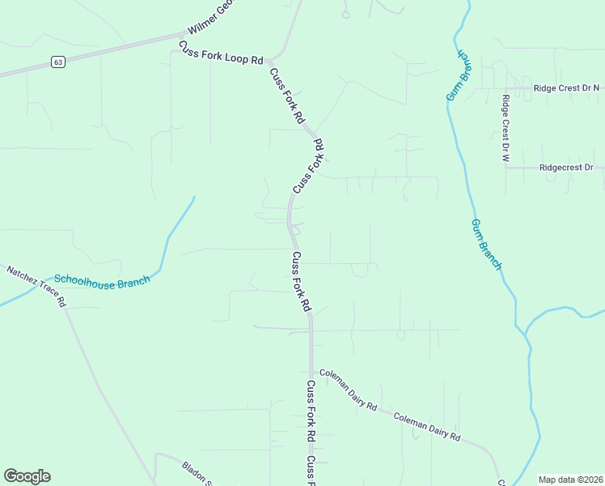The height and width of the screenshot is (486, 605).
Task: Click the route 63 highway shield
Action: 57,62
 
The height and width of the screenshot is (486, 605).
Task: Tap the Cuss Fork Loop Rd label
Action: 221,53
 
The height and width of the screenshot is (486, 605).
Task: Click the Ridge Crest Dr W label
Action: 505,127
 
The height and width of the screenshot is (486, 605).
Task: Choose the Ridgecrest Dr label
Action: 566,168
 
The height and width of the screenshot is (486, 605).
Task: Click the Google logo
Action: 27,476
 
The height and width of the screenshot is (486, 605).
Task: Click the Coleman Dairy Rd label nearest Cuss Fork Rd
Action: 349,389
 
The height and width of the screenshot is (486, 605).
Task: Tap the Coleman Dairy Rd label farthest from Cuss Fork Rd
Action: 426,427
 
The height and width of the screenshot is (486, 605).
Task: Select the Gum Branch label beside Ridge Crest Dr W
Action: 459,76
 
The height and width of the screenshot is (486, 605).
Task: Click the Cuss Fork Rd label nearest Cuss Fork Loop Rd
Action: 287,95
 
